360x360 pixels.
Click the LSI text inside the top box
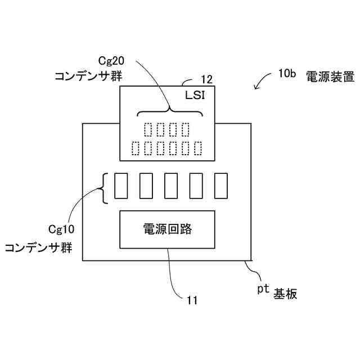195,96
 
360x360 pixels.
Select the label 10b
286,74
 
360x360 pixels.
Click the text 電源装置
330,76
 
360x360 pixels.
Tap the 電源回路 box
167,229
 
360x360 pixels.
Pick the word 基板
285,294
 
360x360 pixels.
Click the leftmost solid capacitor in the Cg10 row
121,186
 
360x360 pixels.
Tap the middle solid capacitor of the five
170,186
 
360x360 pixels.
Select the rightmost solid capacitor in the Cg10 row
220,186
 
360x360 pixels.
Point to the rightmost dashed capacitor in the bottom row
198,149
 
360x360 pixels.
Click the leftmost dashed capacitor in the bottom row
136,149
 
